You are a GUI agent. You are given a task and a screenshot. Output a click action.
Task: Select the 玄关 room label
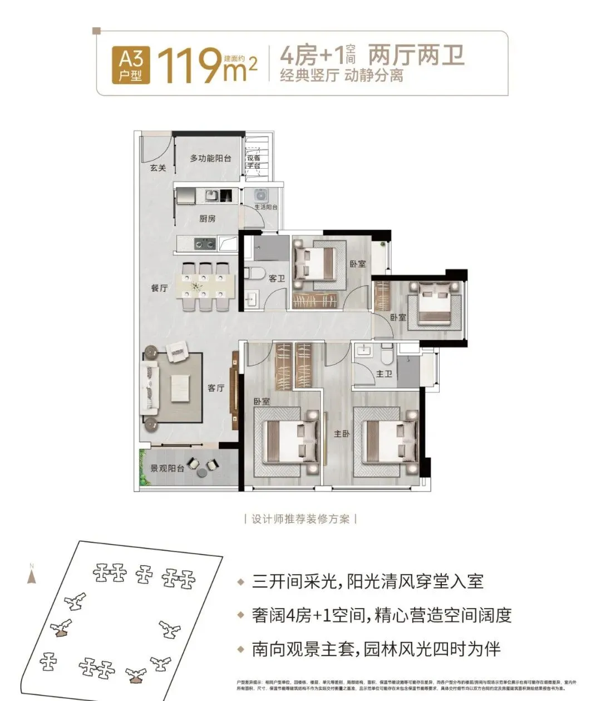[158, 168]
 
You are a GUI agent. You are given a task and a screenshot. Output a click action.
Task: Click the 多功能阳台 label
[210, 159]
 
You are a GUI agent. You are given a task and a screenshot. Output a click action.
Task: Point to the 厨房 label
[208, 219]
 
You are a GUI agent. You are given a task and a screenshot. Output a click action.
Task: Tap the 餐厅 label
[159, 288]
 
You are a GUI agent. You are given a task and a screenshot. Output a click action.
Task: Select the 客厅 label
[216, 388]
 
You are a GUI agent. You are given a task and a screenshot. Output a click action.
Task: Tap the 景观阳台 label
[168, 468]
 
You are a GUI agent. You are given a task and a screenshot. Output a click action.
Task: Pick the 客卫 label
[277, 278]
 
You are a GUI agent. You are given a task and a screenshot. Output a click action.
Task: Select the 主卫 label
[384, 374]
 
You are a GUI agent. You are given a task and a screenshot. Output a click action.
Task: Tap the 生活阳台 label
[266, 207]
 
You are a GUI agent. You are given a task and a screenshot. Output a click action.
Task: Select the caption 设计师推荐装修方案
[300, 519]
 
